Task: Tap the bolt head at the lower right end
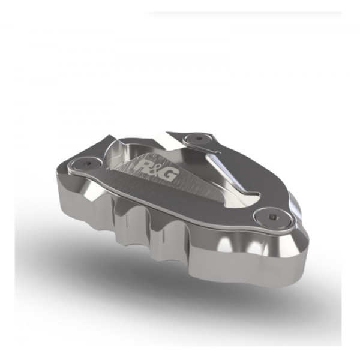pyautogui.click(x=272, y=217)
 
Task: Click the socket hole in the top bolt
pyautogui.click(x=199, y=139)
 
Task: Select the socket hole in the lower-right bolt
pyautogui.click(x=273, y=216)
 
